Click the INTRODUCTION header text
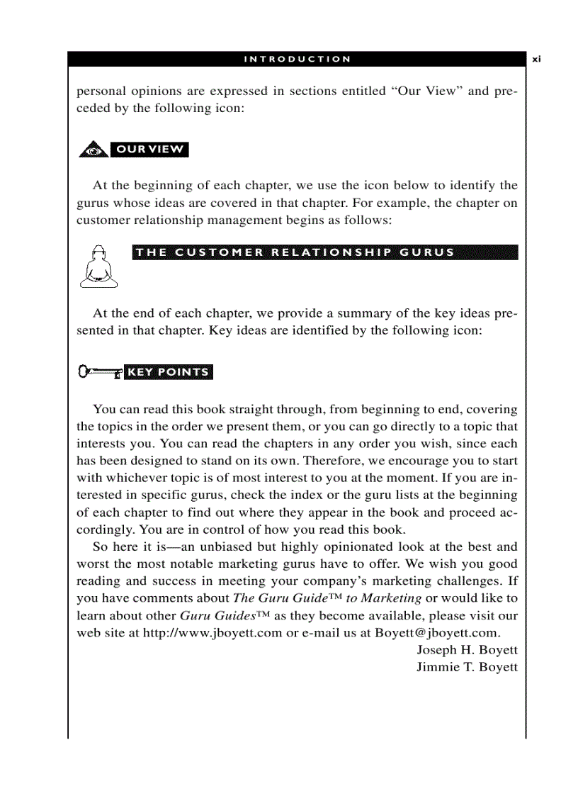click(x=297, y=60)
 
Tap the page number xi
click(x=536, y=60)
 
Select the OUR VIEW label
click(x=149, y=150)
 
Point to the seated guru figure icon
click(x=98, y=266)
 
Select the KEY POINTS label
click(x=168, y=372)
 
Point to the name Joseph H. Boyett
click(x=467, y=650)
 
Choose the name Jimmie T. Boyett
click(x=467, y=667)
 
